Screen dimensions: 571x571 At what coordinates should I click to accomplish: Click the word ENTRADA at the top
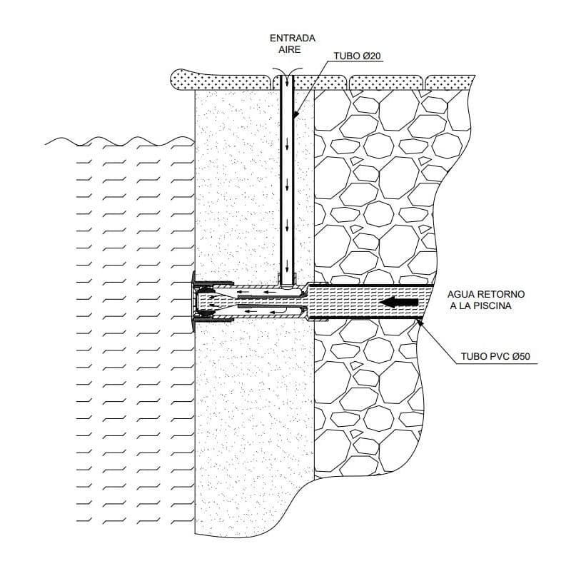click(x=293, y=39)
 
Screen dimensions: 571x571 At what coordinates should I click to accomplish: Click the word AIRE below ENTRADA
click(x=290, y=49)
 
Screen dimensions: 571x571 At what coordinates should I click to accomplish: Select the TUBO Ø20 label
click(x=358, y=56)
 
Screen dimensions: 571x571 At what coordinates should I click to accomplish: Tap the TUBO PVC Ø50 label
click(x=495, y=356)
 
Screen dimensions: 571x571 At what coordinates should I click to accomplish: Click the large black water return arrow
click(x=398, y=302)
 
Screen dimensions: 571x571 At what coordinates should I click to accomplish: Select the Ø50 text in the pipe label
click(x=521, y=356)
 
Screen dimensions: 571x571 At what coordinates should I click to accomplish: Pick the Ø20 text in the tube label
click(x=371, y=56)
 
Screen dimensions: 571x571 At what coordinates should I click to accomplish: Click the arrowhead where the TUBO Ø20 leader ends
click(x=295, y=114)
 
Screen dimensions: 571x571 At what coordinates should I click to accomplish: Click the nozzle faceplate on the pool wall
click(x=193, y=302)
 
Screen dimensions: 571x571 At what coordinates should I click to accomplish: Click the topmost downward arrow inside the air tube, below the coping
click(x=287, y=145)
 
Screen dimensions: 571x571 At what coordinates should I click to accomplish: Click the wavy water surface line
click(x=119, y=141)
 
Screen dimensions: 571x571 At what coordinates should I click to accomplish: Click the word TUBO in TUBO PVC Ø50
click(x=473, y=356)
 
